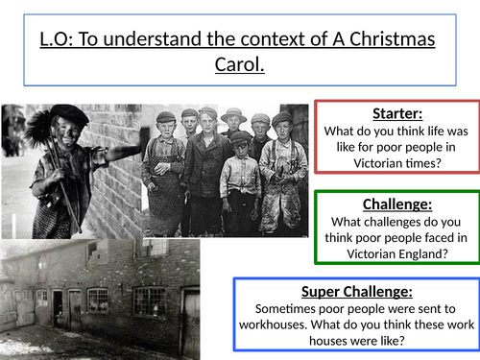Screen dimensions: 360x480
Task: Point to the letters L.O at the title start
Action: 55,42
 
